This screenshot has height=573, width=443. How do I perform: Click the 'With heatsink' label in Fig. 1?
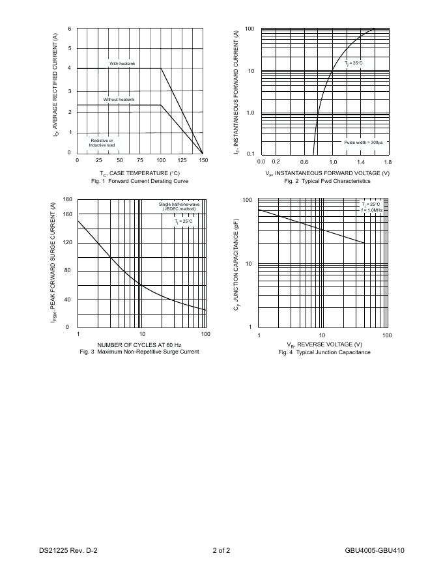coord(122,63)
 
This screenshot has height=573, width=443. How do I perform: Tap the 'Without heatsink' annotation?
coord(119,100)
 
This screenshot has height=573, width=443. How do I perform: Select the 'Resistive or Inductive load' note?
coord(102,143)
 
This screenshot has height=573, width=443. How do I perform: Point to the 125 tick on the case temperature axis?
coord(182,160)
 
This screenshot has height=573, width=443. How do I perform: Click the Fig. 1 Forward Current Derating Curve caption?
coord(139,180)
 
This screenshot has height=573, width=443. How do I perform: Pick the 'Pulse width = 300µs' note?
coord(364,142)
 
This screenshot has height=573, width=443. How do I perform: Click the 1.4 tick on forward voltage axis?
coord(360,161)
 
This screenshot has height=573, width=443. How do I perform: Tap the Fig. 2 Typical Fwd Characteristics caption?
coord(327,181)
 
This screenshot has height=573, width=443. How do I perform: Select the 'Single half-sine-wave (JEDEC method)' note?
coord(179,206)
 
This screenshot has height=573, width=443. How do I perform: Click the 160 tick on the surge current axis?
coord(67,214)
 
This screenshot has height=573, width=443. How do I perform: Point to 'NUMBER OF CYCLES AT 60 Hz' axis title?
coord(139,344)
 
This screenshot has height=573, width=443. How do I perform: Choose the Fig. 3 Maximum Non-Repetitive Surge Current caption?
coord(139,352)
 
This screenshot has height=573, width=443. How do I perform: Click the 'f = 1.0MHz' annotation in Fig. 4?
coord(371,210)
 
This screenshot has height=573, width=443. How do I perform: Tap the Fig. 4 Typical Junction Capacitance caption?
coord(324,352)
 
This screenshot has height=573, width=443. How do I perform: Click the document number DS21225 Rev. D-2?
coord(68,550)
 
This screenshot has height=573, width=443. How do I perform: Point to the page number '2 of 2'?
coord(221,550)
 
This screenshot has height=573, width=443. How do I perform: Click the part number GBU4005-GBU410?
coord(375,550)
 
